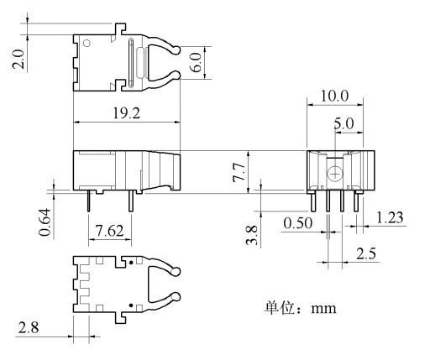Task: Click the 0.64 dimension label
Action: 45,221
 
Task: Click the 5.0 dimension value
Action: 343,123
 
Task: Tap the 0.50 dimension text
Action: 296,222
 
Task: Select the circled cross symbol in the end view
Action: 335,174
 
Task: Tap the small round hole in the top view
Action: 86,45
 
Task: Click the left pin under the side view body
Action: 89,202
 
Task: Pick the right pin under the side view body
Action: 131,202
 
